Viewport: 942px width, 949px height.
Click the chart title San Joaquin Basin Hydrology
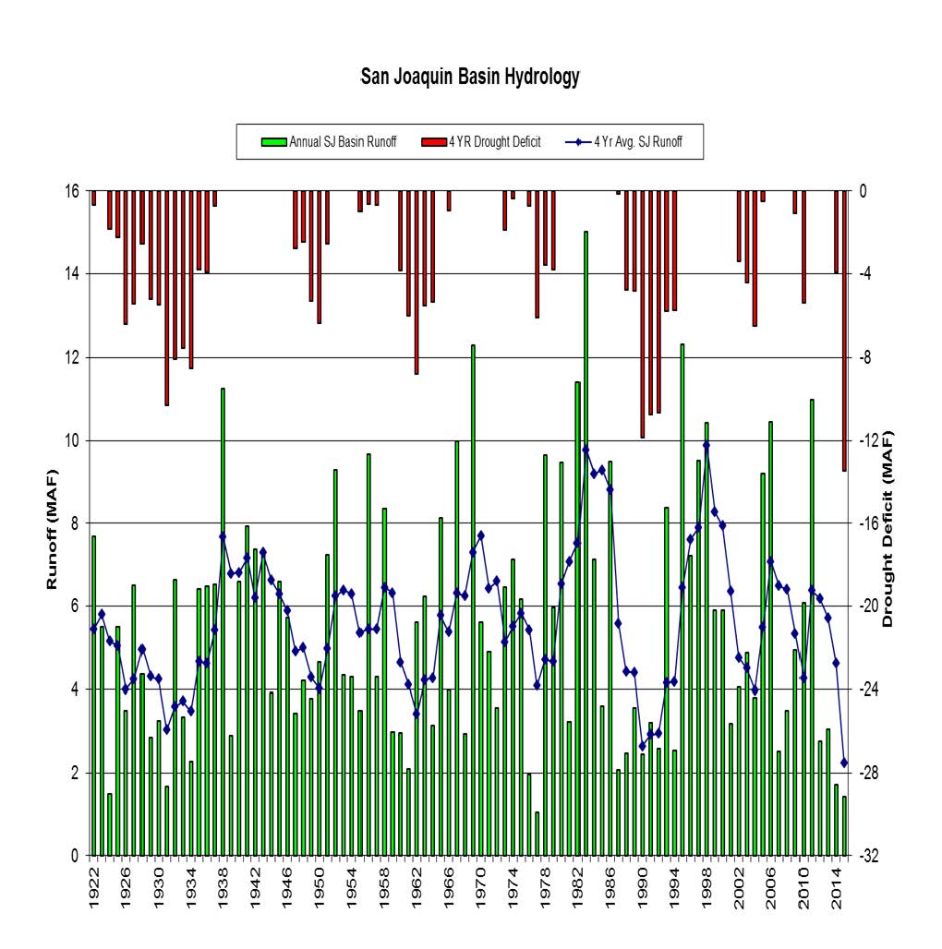[470, 77]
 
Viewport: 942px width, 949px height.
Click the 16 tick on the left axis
[69, 191]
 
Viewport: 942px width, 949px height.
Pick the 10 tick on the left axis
[69, 440]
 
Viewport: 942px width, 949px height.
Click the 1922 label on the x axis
[93, 893]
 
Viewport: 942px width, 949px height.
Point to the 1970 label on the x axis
[480, 893]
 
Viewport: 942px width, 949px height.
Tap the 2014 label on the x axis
[836, 893]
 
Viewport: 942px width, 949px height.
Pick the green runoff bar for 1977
[537, 834]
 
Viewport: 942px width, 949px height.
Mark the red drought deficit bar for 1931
[166, 297]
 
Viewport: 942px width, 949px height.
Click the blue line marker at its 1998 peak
[706, 445]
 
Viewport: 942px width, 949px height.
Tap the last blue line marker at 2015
[844, 763]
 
